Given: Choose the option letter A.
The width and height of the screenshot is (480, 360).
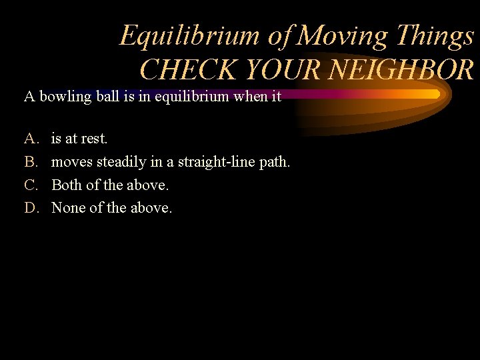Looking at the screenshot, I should click(x=30, y=139).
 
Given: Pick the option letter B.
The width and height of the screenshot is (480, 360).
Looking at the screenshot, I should click(x=30, y=162).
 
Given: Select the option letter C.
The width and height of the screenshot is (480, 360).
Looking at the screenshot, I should click(x=30, y=185).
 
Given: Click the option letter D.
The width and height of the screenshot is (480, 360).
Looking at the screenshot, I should click(x=30, y=208).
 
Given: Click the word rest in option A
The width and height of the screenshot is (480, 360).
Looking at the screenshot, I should click(x=94, y=139).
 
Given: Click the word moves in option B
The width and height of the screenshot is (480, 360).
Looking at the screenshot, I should click(x=72, y=162).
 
